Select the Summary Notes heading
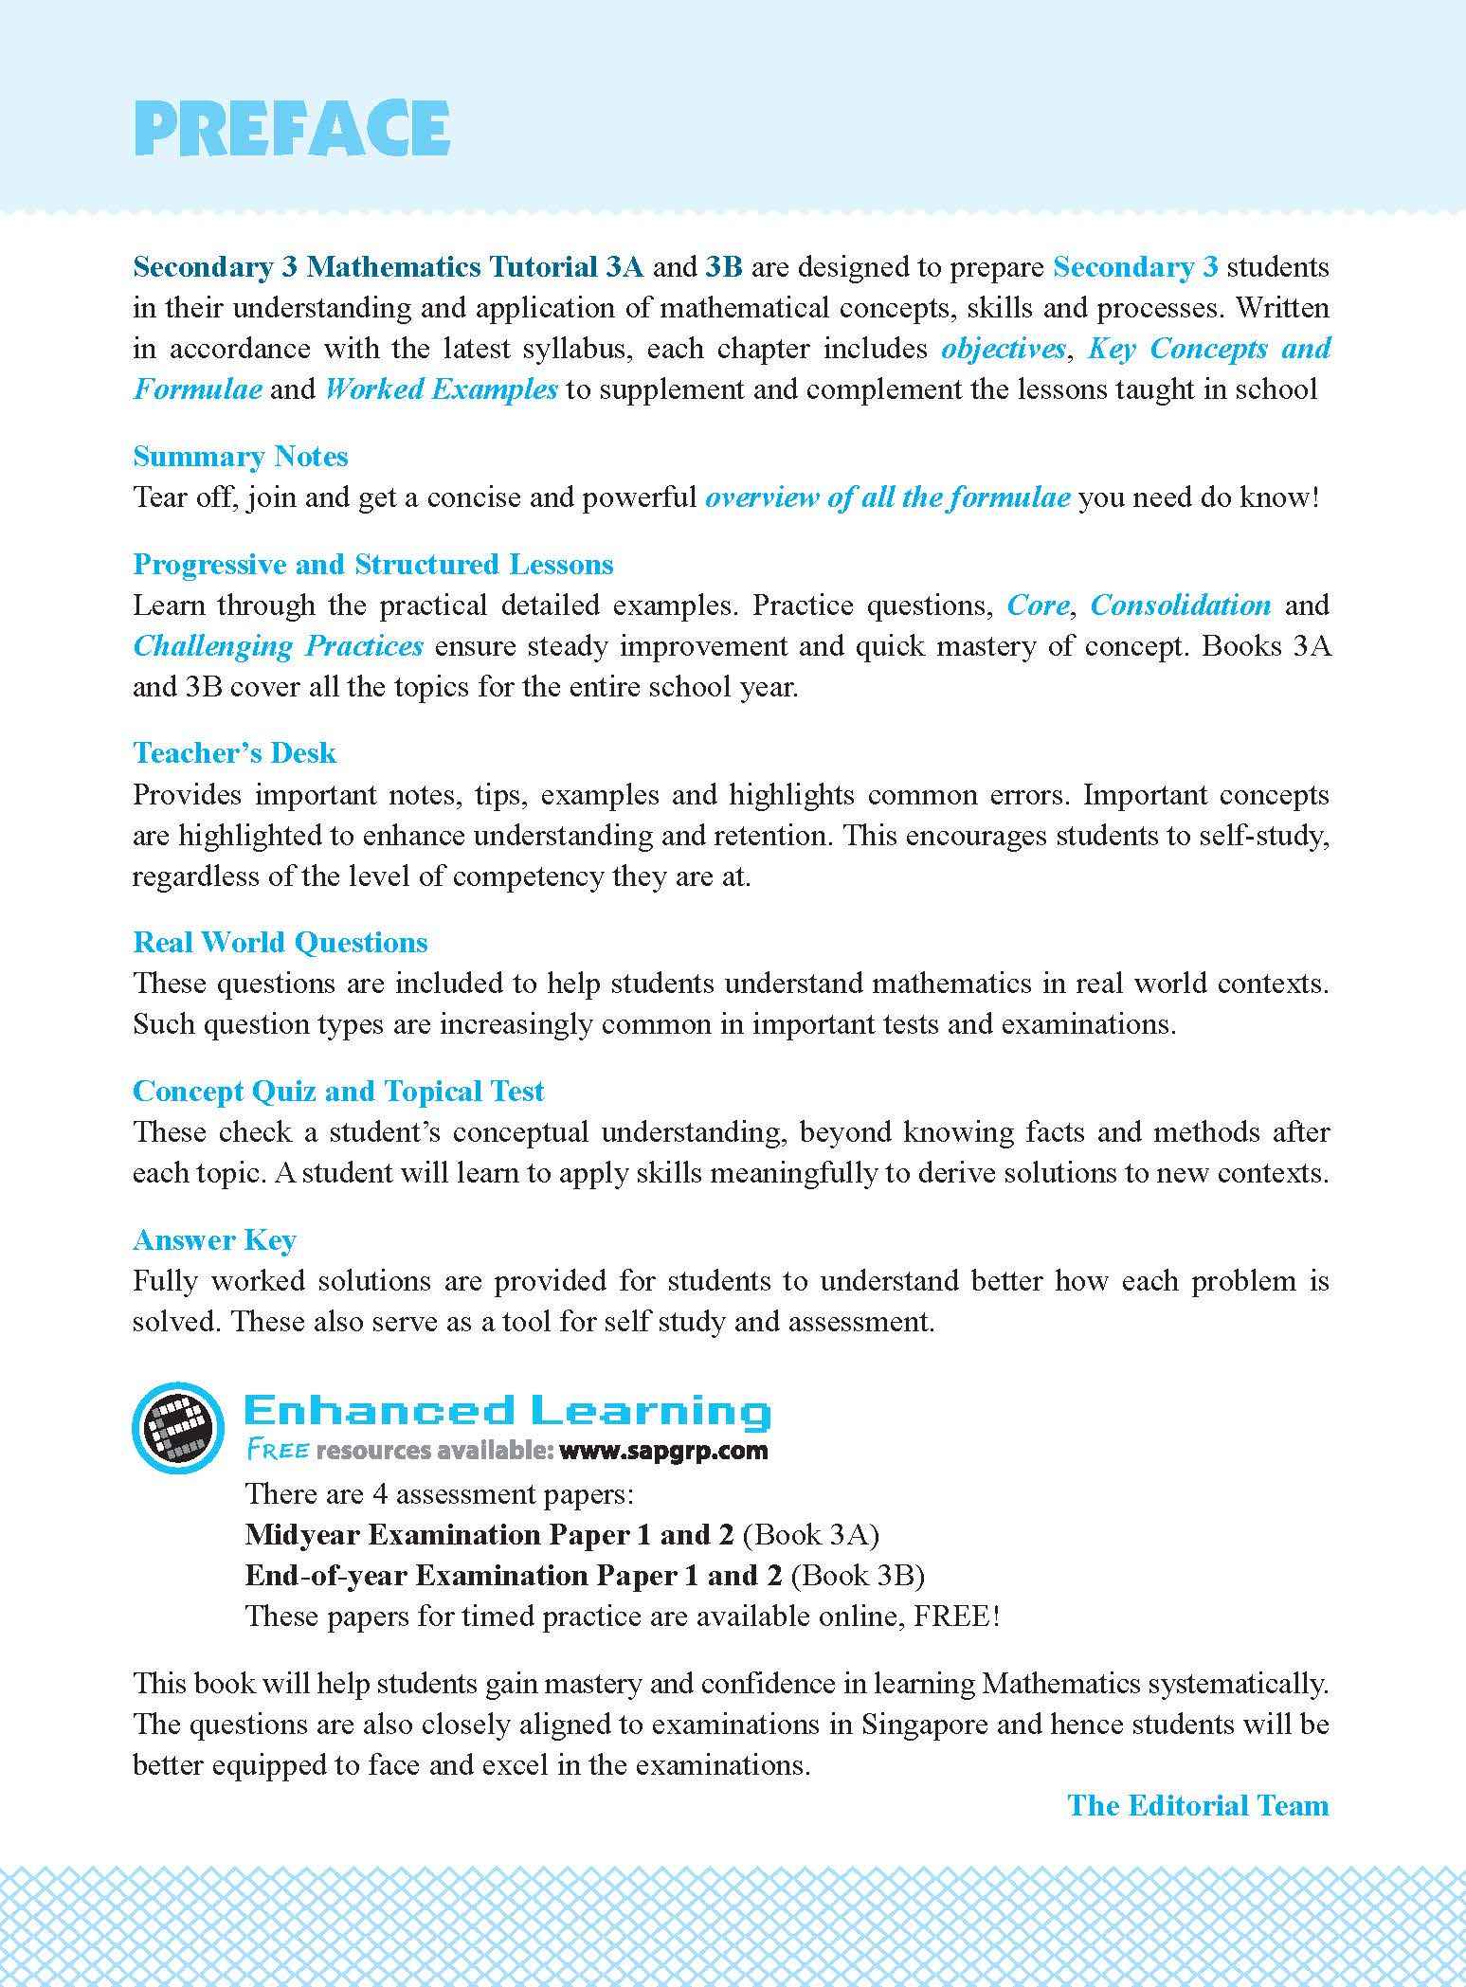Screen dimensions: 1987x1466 point(241,456)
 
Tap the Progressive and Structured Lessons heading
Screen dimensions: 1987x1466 point(373,564)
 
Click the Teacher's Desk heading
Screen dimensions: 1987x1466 point(235,752)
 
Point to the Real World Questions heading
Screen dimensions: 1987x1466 point(281,942)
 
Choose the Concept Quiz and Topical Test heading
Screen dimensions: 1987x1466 point(338,1091)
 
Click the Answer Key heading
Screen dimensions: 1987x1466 point(215,1239)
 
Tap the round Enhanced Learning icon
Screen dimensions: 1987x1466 point(178,1428)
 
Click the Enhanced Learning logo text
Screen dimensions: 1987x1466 point(508,1411)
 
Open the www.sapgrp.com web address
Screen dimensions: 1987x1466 point(663,1451)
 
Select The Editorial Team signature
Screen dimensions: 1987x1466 point(1198,1805)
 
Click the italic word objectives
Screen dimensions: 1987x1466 point(1004,349)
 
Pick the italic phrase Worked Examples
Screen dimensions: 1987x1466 point(441,389)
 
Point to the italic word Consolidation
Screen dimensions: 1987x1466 point(1181,605)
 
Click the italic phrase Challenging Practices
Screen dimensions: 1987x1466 point(278,645)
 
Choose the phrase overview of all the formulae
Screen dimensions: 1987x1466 point(888,497)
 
